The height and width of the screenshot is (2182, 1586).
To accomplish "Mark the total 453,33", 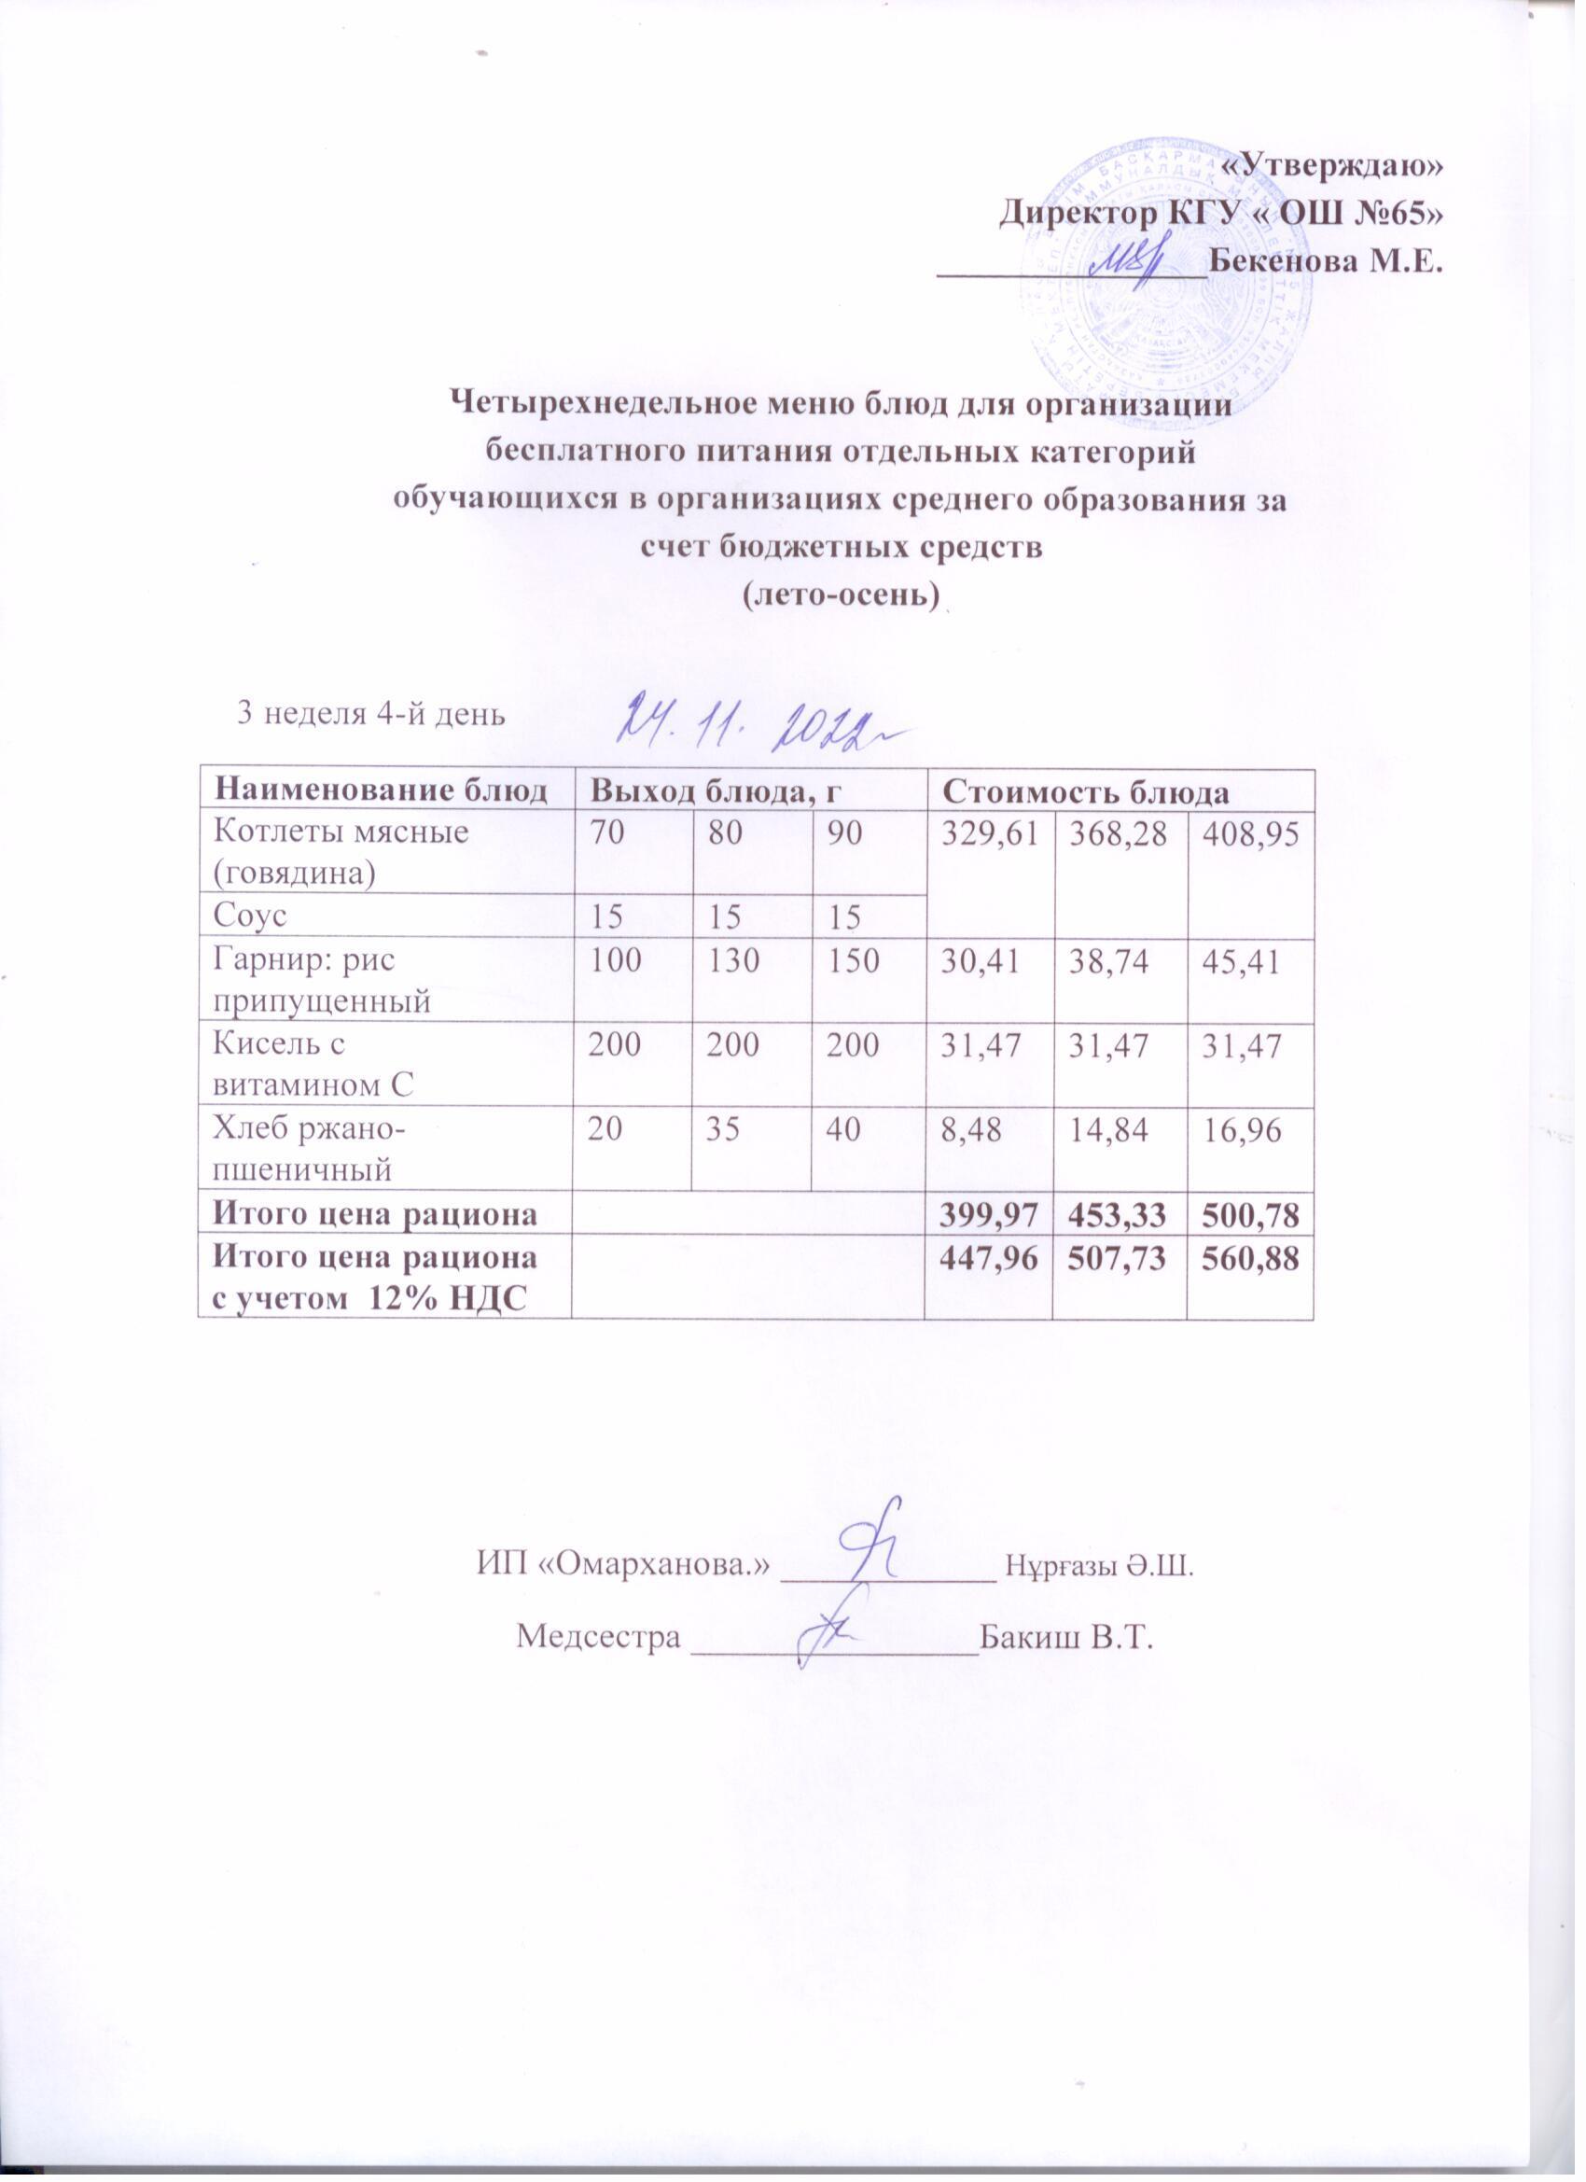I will point(1120,1215).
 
